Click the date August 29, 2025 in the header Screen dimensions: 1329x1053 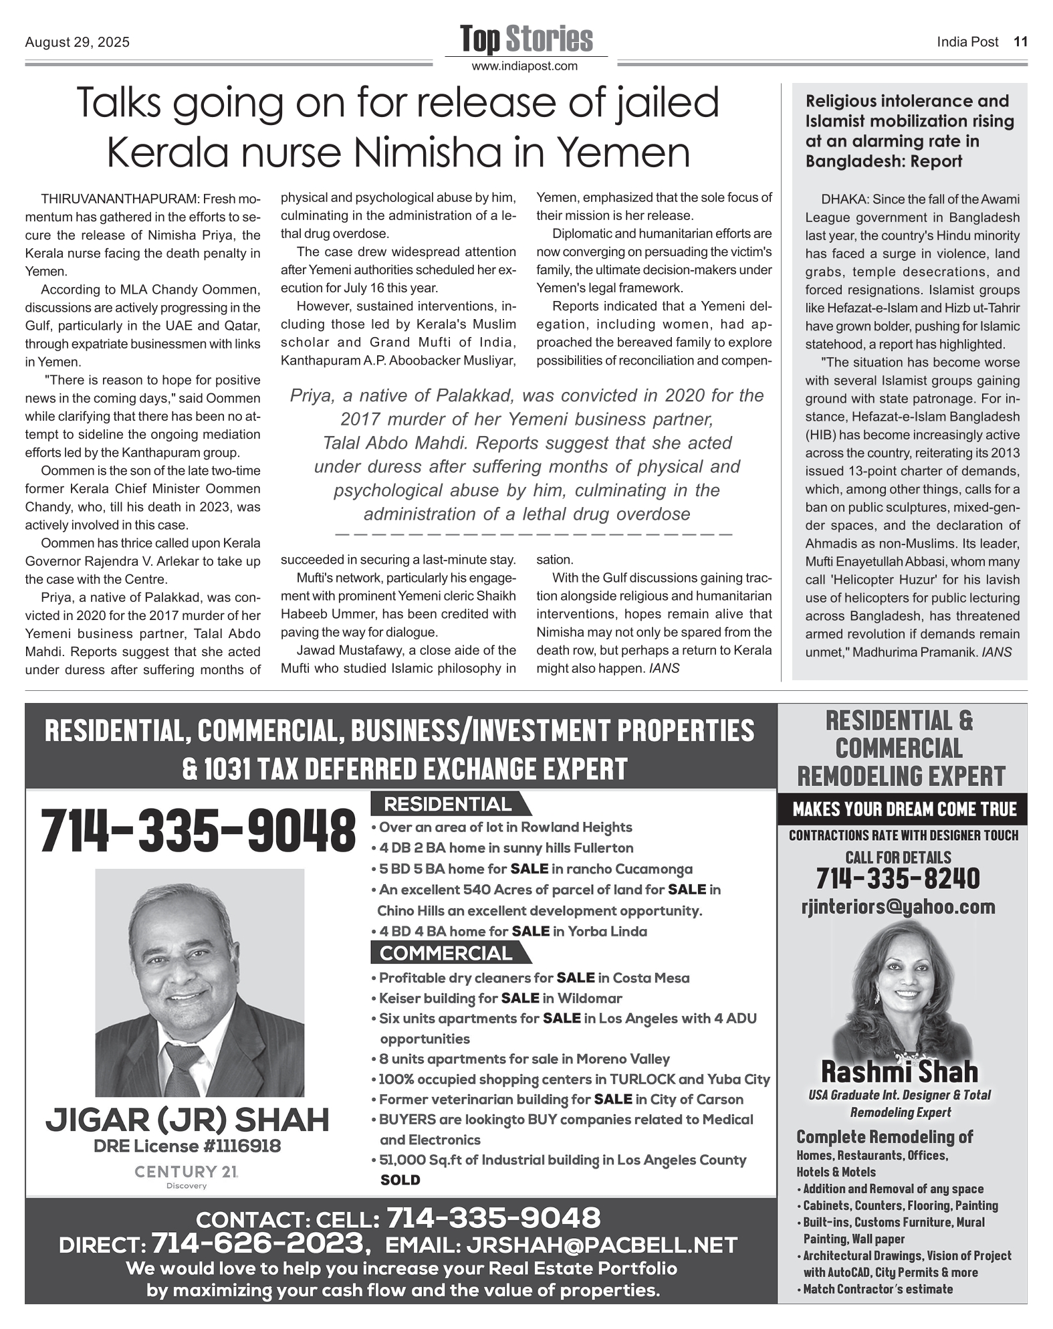tap(78, 42)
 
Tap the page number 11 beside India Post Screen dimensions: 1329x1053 tap(1020, 41)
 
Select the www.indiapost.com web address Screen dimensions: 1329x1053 tap(525, 66)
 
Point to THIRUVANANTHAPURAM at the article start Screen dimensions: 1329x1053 tap(118, 199)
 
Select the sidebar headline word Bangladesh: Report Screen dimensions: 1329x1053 tap(884, 161)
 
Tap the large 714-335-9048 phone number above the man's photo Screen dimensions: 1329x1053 tap(198, 831)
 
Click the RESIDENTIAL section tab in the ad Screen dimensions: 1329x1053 tap(448, 804)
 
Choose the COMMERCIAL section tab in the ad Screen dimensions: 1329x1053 tap(447, 953)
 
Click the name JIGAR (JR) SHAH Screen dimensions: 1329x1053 tap(187, 1120)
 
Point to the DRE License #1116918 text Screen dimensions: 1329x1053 tap(187, 1146)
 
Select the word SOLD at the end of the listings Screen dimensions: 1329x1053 tap(400, 1180)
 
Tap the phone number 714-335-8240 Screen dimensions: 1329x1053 tap(898, 878)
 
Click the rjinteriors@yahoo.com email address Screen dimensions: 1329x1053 tap(898, 907)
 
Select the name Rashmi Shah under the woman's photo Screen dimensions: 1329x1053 tap(899, 1071)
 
